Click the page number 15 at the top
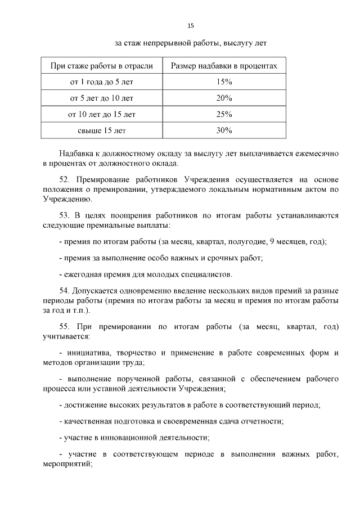[190, 26]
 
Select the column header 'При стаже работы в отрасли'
[102, 66]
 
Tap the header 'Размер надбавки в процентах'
[224, 66]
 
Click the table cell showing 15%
[224, 82]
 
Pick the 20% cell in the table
[224, 98]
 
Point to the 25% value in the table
[224, 115]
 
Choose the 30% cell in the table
[224, 130]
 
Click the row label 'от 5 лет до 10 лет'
[102, 98]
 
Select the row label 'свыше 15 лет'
[102, 130]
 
